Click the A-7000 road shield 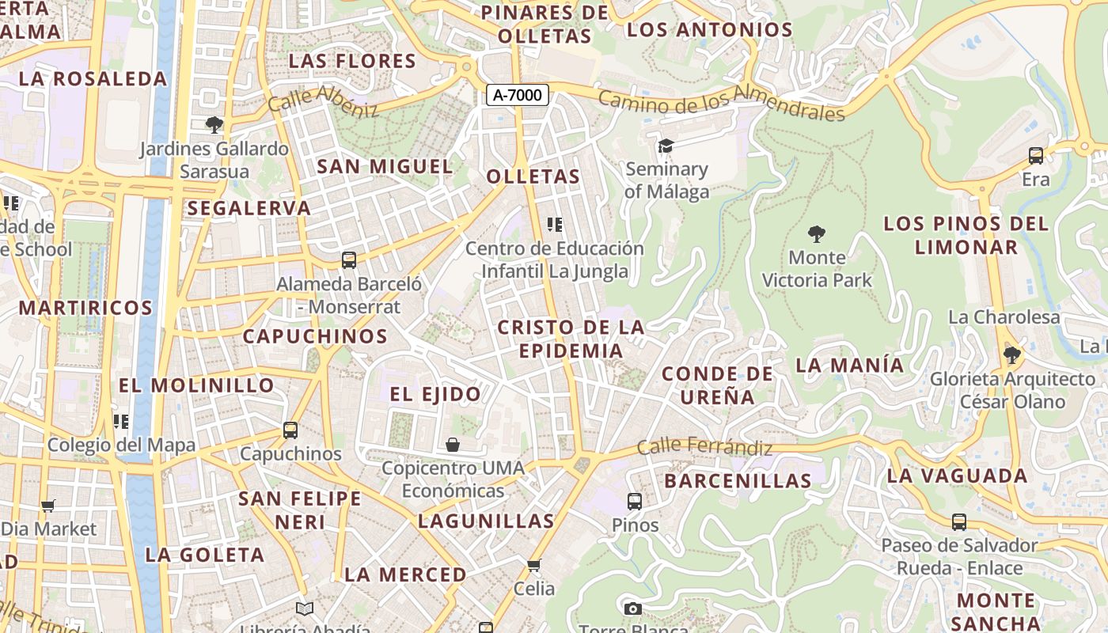[518, 96]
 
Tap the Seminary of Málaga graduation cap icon [666, 146]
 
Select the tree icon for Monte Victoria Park [817, 234]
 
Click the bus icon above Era [1035, 156]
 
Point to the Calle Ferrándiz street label [704, 446]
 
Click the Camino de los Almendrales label [721, 105]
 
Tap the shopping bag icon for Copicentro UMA [453, 445]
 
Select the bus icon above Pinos [635, 501]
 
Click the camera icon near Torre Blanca [632, 608]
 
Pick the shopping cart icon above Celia [534, 565]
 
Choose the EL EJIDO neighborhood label [435, 394]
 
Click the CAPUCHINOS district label [315, 336]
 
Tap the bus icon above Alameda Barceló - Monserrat [348, 260]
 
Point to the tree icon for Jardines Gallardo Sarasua [214, 124]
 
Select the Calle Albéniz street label [323, 101]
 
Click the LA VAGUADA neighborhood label [957, 476]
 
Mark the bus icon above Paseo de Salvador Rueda [959, 522]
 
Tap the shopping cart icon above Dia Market [48, 506]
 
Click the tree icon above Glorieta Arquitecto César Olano [1011, 354]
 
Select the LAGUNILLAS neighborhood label [486, 521]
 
